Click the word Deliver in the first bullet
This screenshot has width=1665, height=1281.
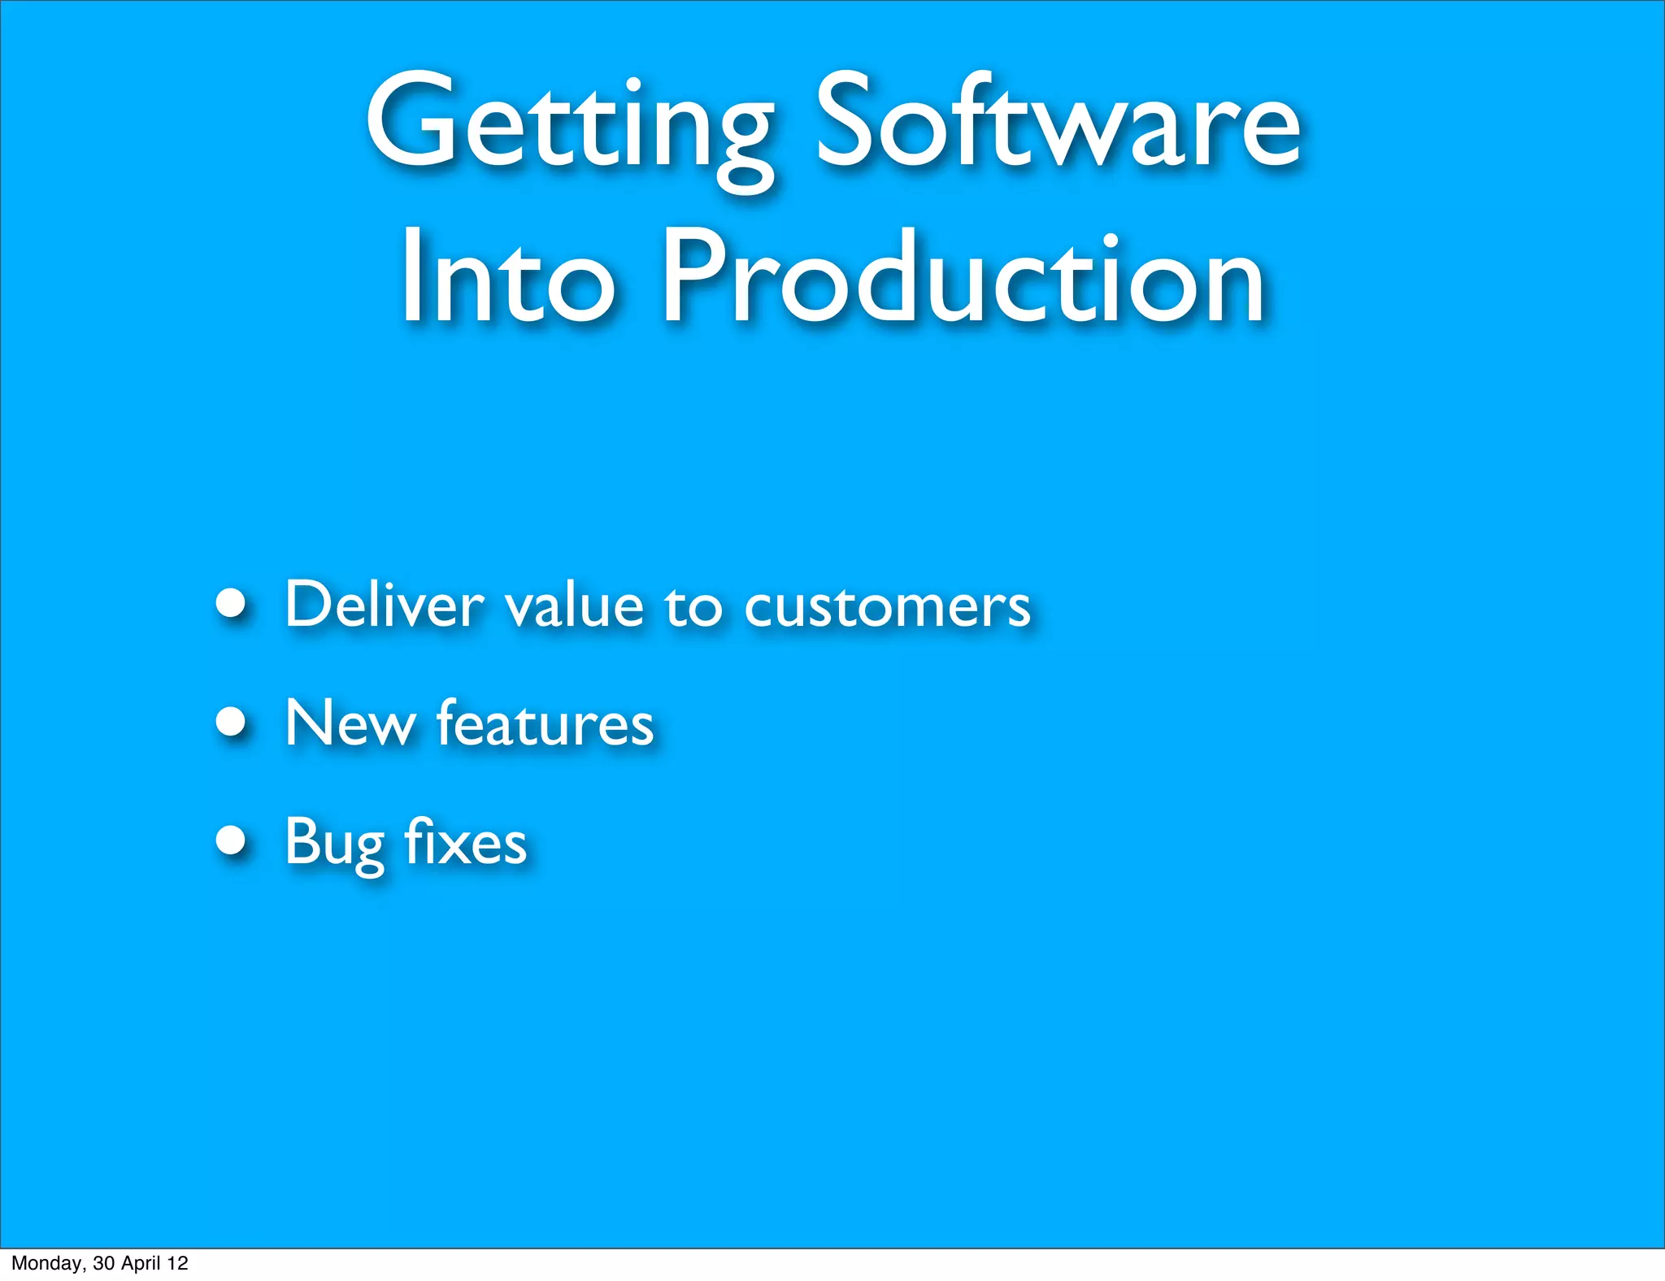[385, 606]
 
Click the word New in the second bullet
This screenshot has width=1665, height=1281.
[350, 723]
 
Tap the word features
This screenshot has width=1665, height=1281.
[545, 723]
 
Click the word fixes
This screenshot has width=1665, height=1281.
[465, 842]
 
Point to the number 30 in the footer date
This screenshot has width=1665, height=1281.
[103, 1263]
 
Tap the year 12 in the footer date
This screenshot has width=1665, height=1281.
[177, 1263]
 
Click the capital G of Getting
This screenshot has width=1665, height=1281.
[411, 122]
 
